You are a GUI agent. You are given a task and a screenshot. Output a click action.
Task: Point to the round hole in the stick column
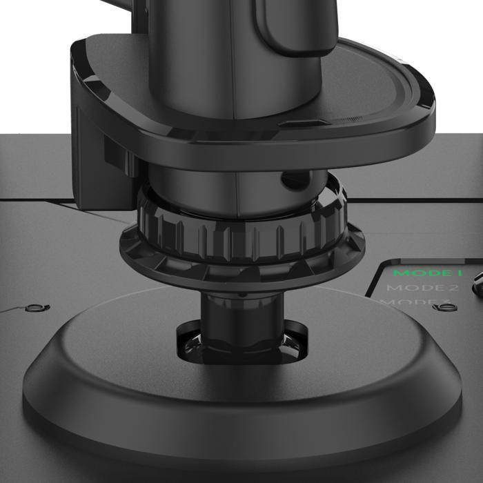(x=286, y=181)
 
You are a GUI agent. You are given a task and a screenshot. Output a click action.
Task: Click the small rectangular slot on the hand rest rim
(x=298, y=124)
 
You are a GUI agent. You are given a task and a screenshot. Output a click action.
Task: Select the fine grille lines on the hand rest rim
(x=348, y=120)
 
